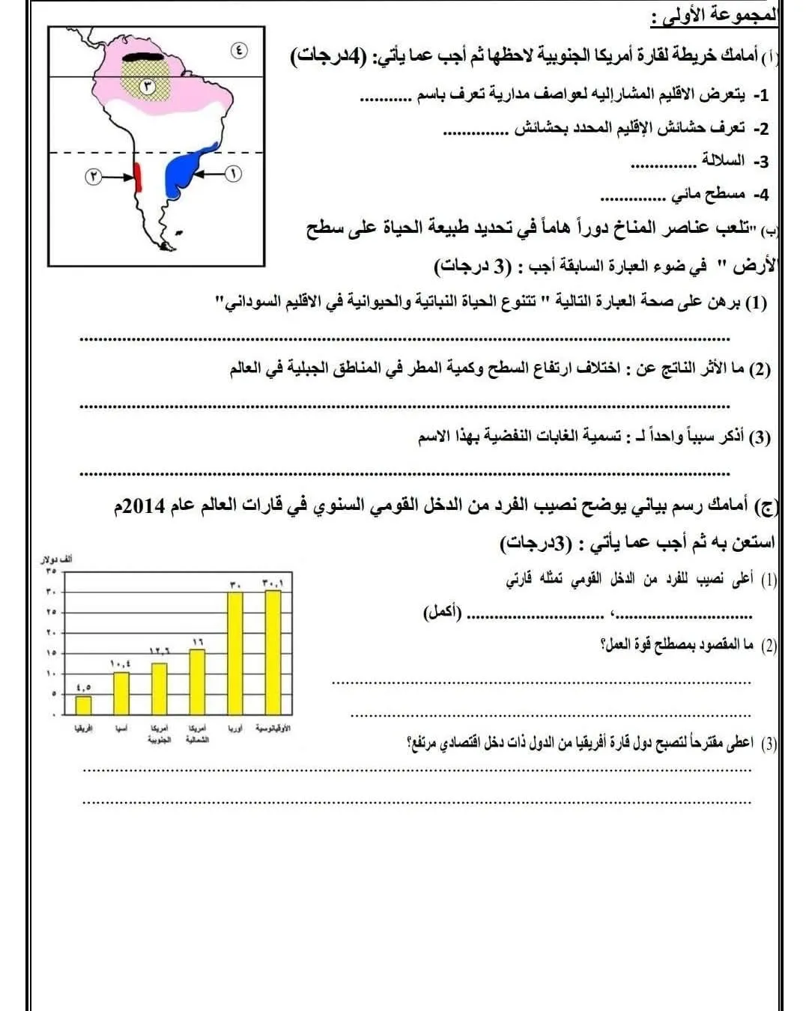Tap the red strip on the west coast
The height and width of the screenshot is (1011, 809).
[x=138, y=177]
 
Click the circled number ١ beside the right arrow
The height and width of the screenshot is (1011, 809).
[x=233, y=174]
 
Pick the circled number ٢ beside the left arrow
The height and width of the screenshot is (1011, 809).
[x=93, y=177]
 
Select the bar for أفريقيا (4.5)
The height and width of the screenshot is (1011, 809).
[x=83, y=705]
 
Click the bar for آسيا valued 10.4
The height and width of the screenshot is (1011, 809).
[x=121, y=693]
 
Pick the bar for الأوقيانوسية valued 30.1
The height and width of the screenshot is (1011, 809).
[x=273, y=652]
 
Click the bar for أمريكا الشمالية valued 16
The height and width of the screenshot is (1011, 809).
[x=197, y=681]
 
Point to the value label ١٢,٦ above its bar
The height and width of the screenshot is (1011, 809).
[x=159, y=652]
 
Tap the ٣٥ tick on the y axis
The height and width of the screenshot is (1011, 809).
[x=52, y=571]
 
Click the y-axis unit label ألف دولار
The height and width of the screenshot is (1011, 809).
[x=56, y=559]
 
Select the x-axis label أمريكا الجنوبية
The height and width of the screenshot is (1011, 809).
[x=159, y=733]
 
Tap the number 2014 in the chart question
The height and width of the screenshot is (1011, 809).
[x=143, y=506]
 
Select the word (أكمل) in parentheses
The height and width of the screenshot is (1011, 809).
[x=442, y=613]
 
